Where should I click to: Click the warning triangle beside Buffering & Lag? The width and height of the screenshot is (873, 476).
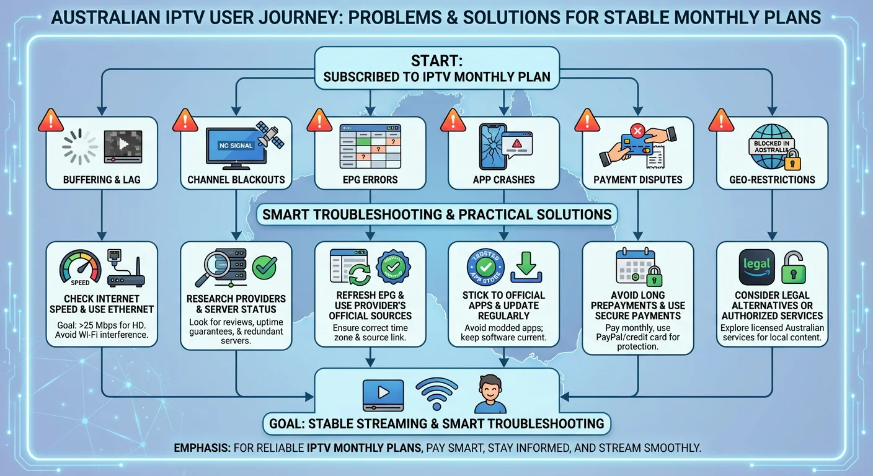pos(50,120)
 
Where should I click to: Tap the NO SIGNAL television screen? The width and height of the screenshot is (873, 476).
pos(236,146)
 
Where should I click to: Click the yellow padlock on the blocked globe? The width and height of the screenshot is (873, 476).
pos(791,162)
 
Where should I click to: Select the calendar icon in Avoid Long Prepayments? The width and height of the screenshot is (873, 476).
pos(633,268)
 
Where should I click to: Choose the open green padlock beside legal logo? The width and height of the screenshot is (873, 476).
pos(793,267)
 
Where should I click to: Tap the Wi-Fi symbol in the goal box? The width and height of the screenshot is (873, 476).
pos(436,392)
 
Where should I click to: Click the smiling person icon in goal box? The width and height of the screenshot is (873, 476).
pos(490,393)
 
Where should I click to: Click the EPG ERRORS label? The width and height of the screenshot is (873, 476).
pos(370,180)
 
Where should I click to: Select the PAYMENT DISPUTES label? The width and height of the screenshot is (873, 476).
pos(637,180)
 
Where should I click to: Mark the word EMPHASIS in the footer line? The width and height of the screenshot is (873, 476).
pos(200,447)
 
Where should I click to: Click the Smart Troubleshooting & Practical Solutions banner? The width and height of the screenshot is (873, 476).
pos(436,215)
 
